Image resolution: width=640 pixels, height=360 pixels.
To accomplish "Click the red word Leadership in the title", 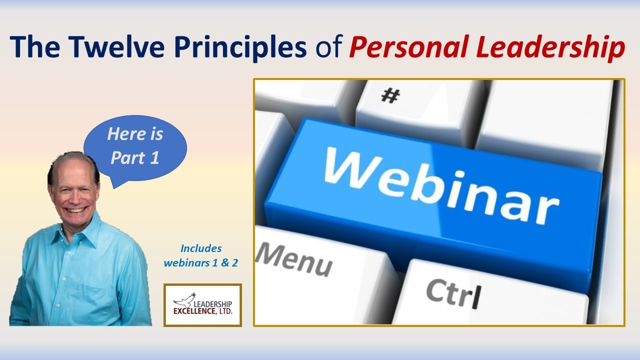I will [x=550, y=47].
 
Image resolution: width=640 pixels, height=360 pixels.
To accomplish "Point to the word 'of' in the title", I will [x=328, y=47].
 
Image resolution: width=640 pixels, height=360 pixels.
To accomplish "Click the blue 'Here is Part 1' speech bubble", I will [x=135, y=146].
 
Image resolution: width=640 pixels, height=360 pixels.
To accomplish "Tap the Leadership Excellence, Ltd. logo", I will [x=202, y=305].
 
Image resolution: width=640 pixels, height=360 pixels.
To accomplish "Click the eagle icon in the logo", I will [x=183, y=300].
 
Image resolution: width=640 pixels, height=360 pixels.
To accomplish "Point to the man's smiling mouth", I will [x=76, y=209].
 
